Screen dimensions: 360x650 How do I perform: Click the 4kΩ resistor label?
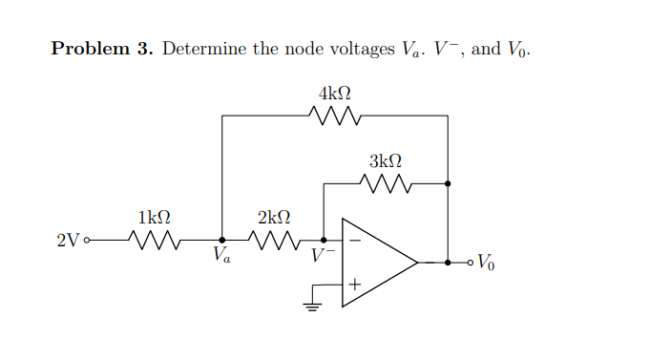(334, 94)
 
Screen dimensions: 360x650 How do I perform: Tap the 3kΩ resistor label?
(385, 160)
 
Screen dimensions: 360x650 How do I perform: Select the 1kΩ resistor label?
(155, 218)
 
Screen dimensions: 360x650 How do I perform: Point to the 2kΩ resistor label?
(274, 218)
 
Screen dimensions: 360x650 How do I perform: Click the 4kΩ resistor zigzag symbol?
(334, 116)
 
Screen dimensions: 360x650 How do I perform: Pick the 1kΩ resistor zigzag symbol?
(155, 240)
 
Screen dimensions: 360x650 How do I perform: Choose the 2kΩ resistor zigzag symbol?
(274, 240)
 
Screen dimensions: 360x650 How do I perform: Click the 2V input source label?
(67, 241)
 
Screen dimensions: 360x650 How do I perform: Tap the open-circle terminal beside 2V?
(87, 241)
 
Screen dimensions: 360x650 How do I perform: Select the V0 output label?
(486, 262)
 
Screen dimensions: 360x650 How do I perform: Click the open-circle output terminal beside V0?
(468, 262)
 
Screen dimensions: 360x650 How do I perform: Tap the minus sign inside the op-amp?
(353, 241)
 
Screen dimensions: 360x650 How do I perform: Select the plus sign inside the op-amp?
(353, 285)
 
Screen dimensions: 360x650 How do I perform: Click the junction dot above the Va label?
(222, 241)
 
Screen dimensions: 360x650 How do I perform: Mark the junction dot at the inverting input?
(325, 241)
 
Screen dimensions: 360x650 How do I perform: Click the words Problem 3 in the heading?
(101, 49)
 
